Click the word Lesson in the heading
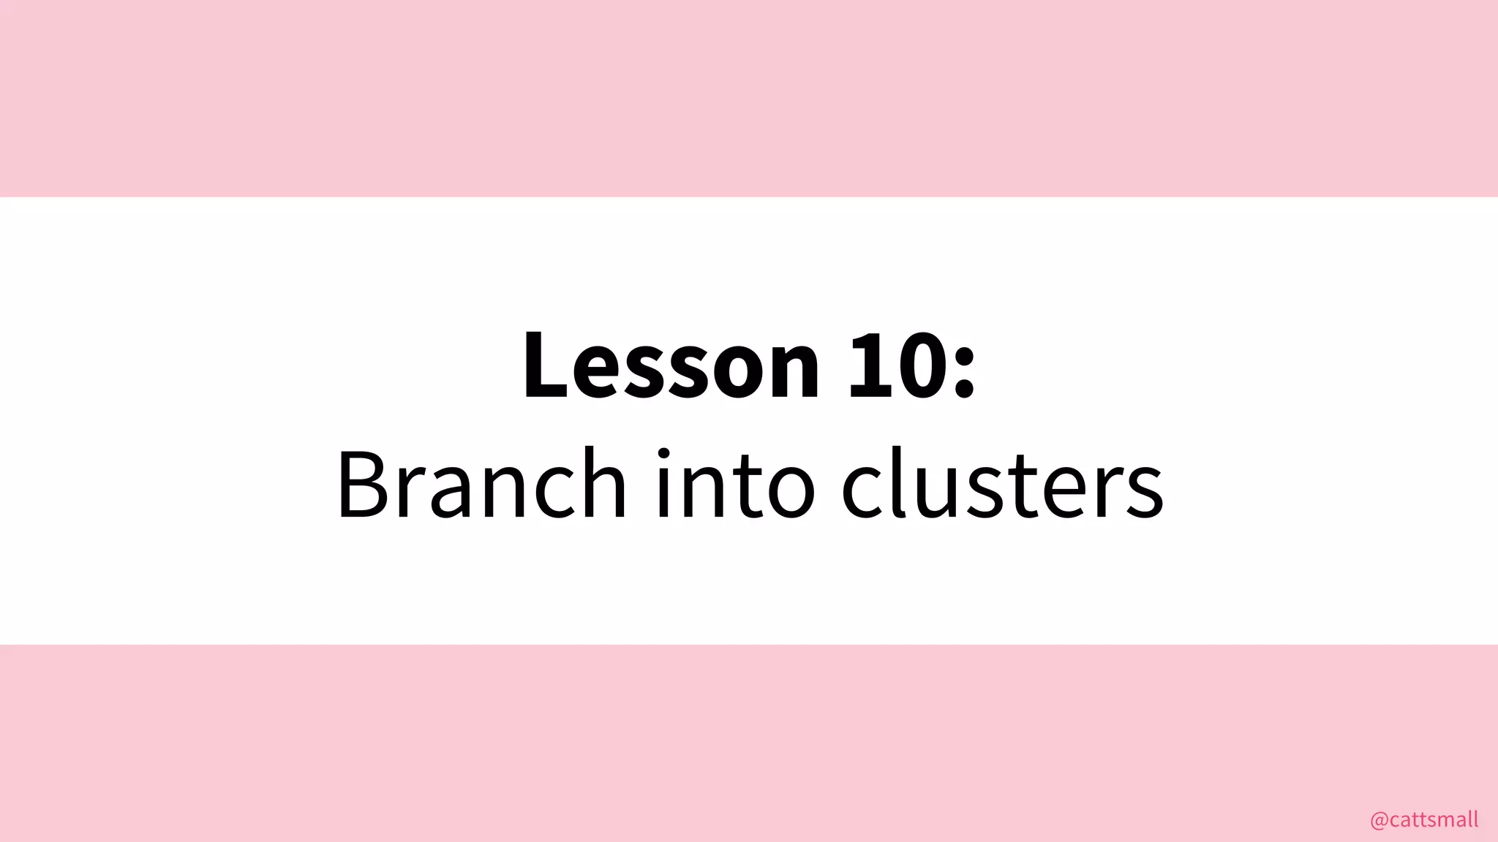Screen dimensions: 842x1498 671,365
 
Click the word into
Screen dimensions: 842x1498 735,484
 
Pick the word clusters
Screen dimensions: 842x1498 1002,484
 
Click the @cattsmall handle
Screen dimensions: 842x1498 1423,820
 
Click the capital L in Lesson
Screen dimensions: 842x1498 546,365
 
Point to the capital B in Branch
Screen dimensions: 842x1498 364,484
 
